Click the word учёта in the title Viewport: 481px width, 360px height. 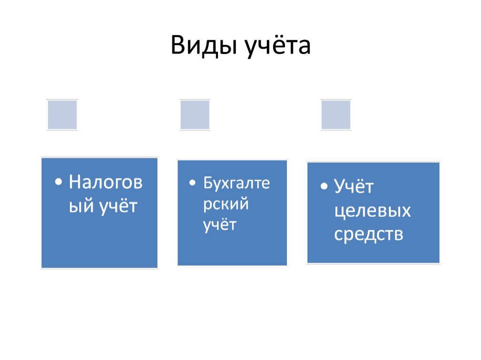pos(277,46)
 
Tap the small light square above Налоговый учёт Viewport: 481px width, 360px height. pos(62,115)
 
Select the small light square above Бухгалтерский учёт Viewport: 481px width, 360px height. pos(195,115)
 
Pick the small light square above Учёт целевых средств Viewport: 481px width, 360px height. pos(336,115)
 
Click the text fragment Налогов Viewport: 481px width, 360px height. pos(105,183)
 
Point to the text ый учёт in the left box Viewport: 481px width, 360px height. pos(103,206)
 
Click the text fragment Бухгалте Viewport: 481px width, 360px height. pos(236,183)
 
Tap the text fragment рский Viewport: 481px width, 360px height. pos(225,204)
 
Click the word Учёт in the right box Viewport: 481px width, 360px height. pos(354,187)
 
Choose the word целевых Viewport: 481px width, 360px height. pos(372,211)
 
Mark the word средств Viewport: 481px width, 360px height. pos(369,234)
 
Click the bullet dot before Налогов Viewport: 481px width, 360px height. pos(58,183)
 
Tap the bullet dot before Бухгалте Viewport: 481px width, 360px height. pos(193,183)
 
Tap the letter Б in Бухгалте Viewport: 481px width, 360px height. pos(208,183)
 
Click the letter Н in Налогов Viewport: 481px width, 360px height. pos(75,183)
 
